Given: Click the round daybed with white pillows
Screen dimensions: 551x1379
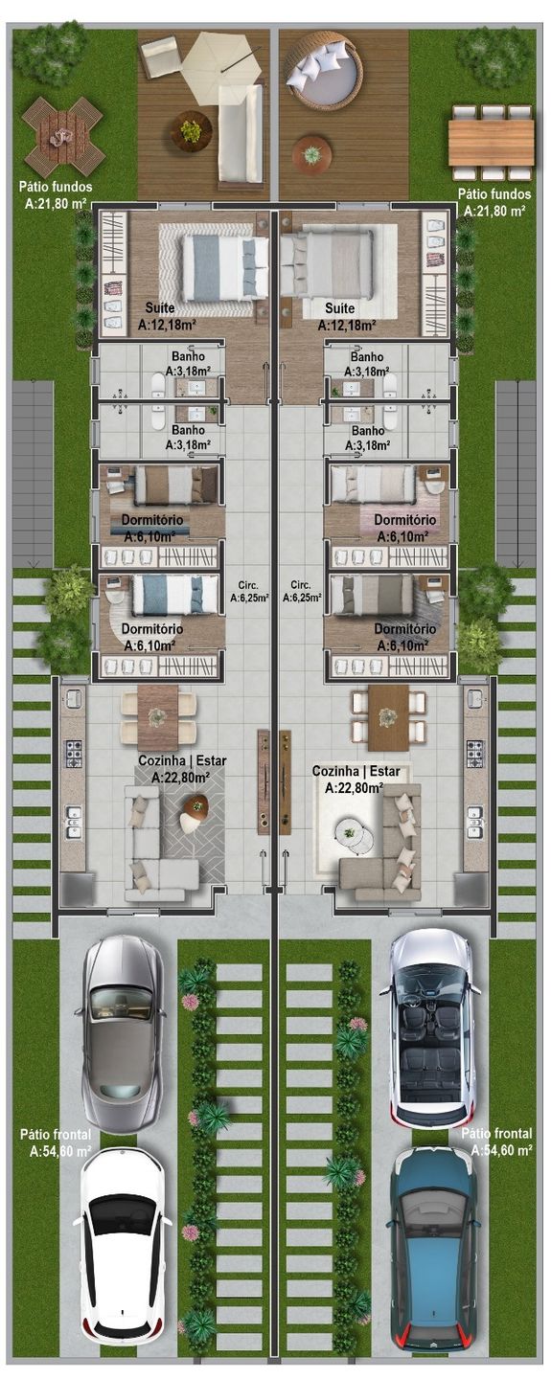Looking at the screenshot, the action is pyautogui.click(x=323, y=73).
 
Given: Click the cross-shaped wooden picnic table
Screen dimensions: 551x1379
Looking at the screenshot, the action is pyautogui.click(x=62, y=137).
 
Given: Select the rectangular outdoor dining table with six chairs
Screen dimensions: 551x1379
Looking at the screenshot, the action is pyautogui.click(x=491, y=142).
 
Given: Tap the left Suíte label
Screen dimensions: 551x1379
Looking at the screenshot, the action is pyautogui.click(x=160, y=307).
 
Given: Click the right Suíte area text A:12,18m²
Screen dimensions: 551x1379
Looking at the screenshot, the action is pyautogui.click(x=347, y=324).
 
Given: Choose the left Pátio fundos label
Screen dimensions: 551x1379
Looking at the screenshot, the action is pyautogui.click(x=56, y=187).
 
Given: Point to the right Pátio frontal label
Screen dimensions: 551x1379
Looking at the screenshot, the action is pyautogui.click(x=496, y=1134).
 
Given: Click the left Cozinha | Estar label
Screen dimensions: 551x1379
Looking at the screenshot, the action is pyautogui.click(x=182, y=761).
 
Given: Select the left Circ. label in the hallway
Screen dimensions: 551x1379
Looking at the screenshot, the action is pyautogui.click(x=249, y=585).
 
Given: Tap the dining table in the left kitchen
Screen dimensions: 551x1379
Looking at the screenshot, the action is pyautogui.click(x=158, y=717).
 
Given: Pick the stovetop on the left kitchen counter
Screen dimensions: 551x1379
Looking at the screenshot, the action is pyautogui.click(x=74, y=753).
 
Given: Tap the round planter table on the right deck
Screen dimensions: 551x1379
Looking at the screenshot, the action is pyautogui.click(x=311, y=154).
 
